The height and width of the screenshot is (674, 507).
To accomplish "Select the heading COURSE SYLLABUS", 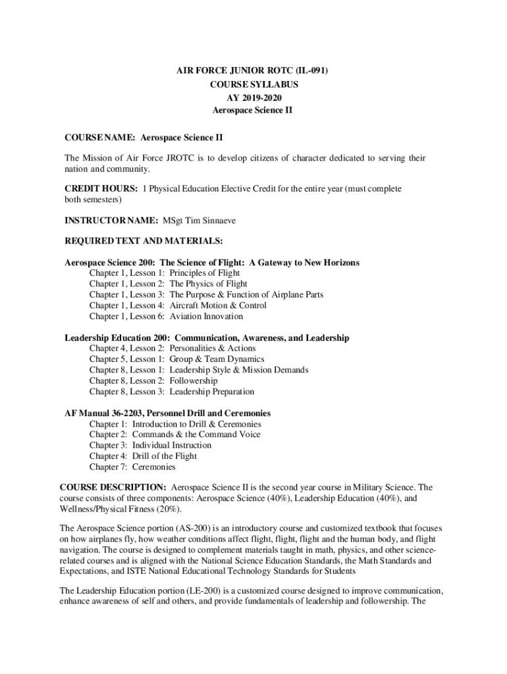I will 254,86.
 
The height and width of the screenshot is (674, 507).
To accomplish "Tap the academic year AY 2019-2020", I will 254,98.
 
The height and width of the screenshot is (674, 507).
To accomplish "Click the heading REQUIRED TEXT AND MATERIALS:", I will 144,241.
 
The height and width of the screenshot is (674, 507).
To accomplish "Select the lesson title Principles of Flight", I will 205,273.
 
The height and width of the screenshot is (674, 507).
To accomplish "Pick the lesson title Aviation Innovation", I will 206,317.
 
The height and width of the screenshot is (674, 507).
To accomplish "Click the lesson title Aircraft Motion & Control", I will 218,305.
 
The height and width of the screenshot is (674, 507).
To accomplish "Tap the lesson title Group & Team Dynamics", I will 217,359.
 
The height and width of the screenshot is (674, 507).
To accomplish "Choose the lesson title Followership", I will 194,381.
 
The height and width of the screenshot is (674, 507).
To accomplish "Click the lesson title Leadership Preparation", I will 212,392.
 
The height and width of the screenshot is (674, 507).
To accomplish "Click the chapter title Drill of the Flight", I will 165,456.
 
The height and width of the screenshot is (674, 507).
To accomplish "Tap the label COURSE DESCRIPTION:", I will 113,488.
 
